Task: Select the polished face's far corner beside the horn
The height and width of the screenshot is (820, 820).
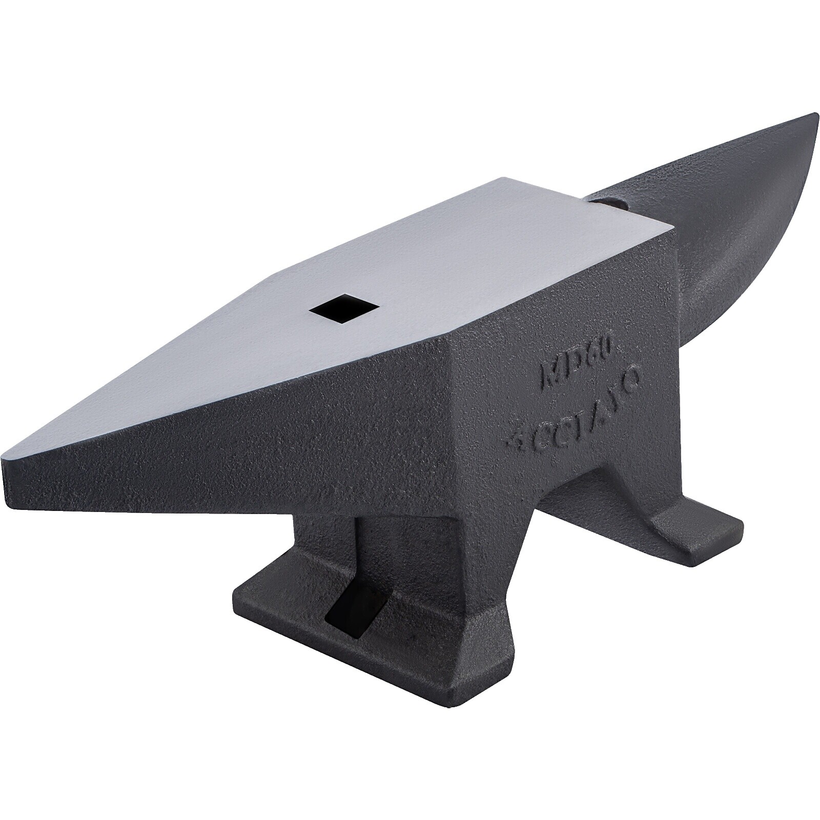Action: click(x=500, y=179)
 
